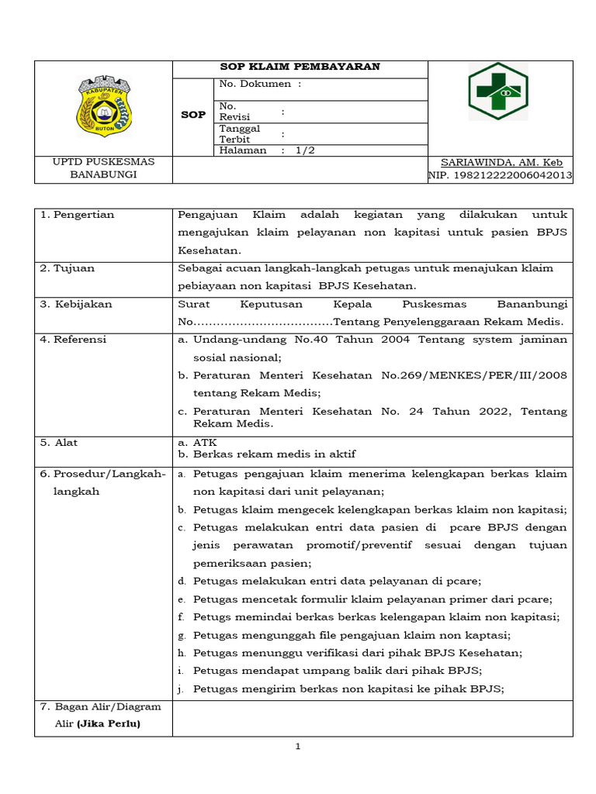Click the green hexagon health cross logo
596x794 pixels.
(x=497, y=91)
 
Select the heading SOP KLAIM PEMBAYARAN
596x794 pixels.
(x=300, y=67)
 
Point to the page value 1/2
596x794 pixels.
(x=305, y=150)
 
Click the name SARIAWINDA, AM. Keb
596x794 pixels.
(x=501, y=163)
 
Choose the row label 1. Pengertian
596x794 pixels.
(x=77, y=215)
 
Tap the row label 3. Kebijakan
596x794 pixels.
(x=75, y=304)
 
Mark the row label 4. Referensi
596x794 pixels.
(x=73, y=340)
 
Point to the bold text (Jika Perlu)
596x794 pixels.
(x=109, y=723)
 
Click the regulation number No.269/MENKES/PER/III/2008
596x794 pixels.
(x=474, y=375)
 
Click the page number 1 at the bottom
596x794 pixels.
(x=297, y=747)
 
